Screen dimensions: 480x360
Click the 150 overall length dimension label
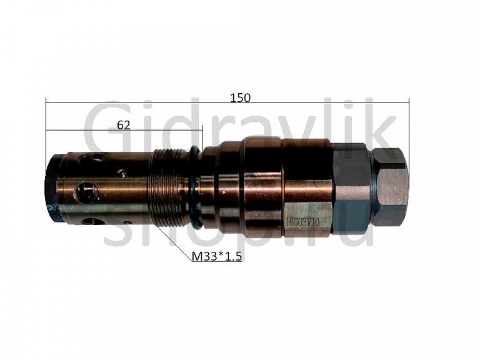(240, 97)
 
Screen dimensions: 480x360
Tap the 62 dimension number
(124, 125)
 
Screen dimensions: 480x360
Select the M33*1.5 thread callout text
(217, 256)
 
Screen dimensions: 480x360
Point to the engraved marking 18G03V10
(302, 222)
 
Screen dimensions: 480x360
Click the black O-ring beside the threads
(195, 187)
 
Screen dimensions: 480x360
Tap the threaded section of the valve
(167, 187)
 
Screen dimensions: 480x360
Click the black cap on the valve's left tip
(52, 188)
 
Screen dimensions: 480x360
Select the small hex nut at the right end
(390, 187)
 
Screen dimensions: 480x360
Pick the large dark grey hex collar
(351, 188)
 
